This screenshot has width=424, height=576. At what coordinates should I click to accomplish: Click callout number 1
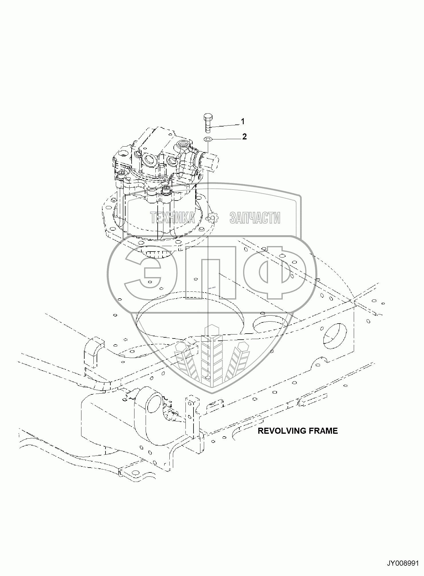pyautogui.click(x=243, y=122)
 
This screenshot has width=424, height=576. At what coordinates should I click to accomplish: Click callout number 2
pyautogui.click(x=244, y=137)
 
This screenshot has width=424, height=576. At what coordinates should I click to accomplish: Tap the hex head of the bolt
pyautogui.click(x=208, y=116)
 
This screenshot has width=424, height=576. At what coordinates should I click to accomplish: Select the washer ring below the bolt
pyautogui.click(x=208, y=139)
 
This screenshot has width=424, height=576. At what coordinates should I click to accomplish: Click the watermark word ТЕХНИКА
pyautogui.click(x=173, y=218)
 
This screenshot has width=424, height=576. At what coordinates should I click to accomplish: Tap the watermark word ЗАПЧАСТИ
pyautogui.click(x=255, y=218)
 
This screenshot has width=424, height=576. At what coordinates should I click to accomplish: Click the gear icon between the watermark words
pyautogui.click(x=212, y=218)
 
